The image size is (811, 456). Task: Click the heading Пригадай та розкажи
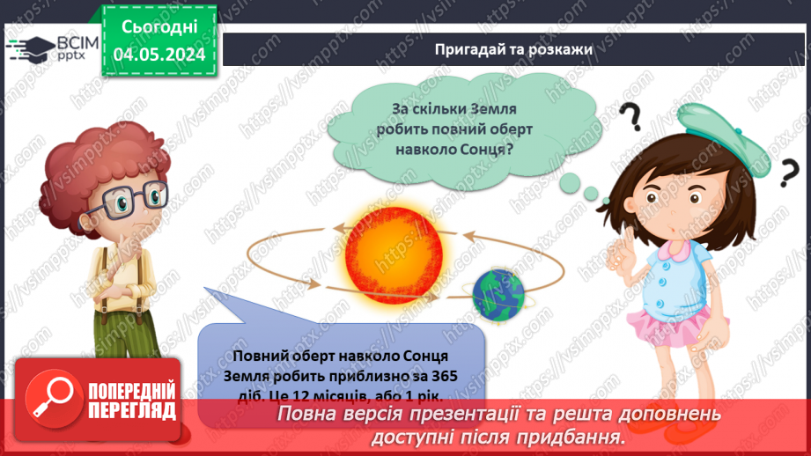pyautogui.click(x=513, y=49)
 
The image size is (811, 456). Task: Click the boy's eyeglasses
pyautogui.click(x=130, y=199)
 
